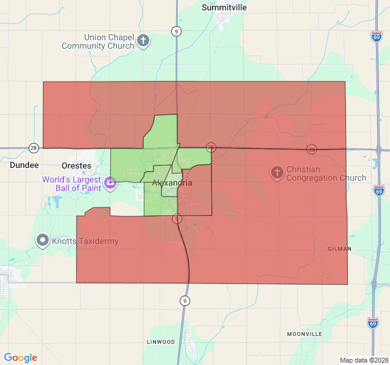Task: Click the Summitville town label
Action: coord(224,7)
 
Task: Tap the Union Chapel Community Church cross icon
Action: coord(143,41)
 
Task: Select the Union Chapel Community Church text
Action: coord(97,41)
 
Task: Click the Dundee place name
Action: coord(24,165)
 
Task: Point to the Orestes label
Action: coord(76,165)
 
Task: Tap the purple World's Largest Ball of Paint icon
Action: coord(110,182)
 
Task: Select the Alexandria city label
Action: coord(172,182)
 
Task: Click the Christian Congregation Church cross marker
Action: coord(277,173)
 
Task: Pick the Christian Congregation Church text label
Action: coord(326,174)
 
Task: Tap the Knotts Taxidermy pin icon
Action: coord(42,241)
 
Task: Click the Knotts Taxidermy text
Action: coord(85,242)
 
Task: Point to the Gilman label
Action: coord(339,249)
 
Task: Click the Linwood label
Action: coord(161,342)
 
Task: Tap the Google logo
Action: coord(21,358)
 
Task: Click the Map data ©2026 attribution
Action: coord(363,360)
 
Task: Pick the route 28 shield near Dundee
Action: coord(34,148)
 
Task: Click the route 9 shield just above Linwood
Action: coord(184,301)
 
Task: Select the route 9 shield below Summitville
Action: coord(176,32)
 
